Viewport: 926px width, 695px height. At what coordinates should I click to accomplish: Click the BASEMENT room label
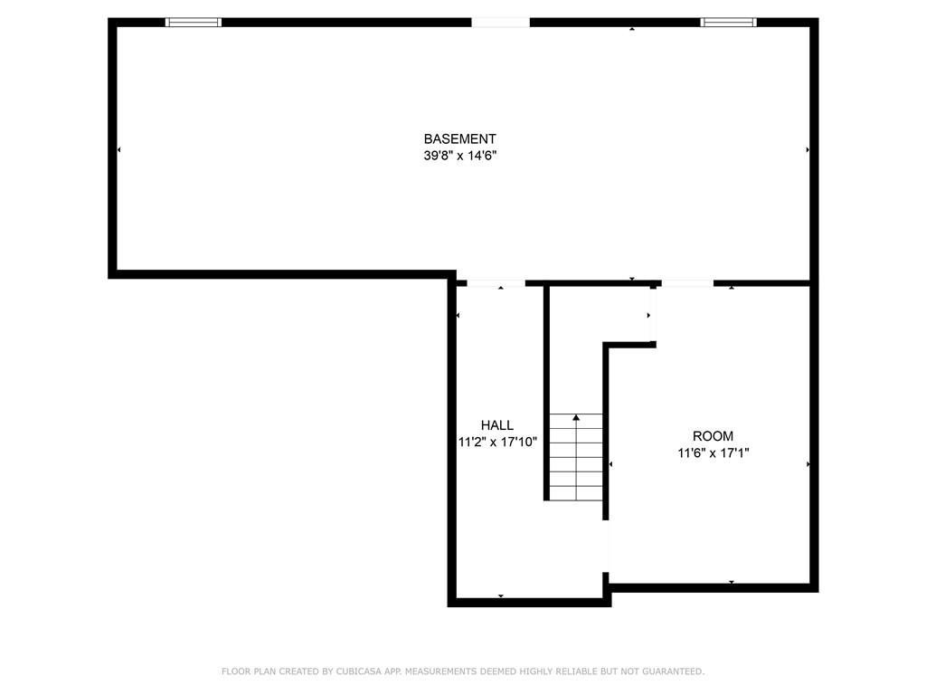pyautogui.click(x=459, y=138)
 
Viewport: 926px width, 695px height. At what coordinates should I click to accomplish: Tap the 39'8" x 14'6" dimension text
pyautogui.click(x=460, y=156)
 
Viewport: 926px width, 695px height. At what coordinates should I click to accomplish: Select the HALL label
pyautogui.click(x=497, y=425)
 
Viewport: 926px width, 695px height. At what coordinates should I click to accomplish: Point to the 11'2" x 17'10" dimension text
pyautogui.click(x=498, y=442)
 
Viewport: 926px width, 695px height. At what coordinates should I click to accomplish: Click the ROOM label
pyautogui.click(x=713, y=436)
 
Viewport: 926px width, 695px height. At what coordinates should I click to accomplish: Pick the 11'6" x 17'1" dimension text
pyautogui.click(x=713, y=453)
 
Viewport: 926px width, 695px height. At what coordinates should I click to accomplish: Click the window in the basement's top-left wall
pyautogui.click(x=194, y=23)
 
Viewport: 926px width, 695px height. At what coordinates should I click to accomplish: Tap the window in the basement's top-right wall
pyautogui.click(x=729, y=23)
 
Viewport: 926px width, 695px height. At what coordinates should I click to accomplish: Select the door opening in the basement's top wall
pyautogui.click(x=500, y=23)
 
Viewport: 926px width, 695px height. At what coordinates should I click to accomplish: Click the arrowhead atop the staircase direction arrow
pyautogui.click(x=576, y=418)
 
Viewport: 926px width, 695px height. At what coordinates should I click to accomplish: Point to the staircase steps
pyautogui.click(x=576, y=457)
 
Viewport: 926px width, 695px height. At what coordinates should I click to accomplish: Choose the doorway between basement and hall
pyautogui.click(x=496, y=283)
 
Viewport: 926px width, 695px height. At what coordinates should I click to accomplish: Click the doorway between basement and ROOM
pyautogui.click(x=687, y=283)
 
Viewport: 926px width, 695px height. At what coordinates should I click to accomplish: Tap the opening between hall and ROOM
pyautogui.click(x=606, y=547)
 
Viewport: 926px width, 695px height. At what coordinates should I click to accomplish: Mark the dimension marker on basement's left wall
pyautogui.click(x=118, y=150)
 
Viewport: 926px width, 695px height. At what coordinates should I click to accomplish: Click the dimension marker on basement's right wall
pyautogui.click(x=808, y=150)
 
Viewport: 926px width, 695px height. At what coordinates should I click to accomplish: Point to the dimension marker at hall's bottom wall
pyautogui.click(x=501, y=596)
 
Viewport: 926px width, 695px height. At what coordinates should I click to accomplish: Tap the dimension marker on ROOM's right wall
pyautogui.click(x=808, y=464)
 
